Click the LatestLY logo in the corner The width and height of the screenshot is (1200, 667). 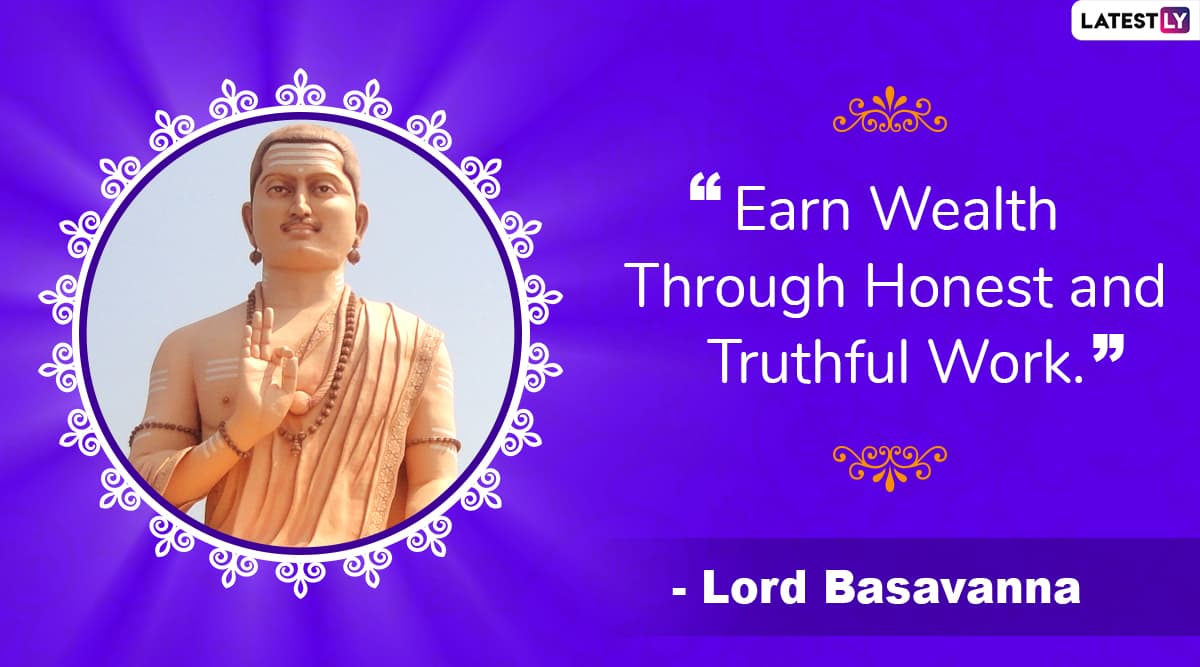pos(1135,20)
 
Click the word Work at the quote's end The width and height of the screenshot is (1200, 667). pos(1007,361)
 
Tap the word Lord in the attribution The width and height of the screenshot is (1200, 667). pos(754,588)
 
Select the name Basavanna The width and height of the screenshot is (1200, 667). pos(952,588)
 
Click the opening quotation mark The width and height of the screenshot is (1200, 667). pos(706,187)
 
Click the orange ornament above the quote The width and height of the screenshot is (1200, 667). pos(890,110)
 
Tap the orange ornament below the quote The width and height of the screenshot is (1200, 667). pos(890,467)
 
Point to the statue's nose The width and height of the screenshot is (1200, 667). pos(301,206)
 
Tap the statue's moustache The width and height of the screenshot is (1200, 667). pos(302,224)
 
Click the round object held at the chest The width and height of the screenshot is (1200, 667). pos(299,403)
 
